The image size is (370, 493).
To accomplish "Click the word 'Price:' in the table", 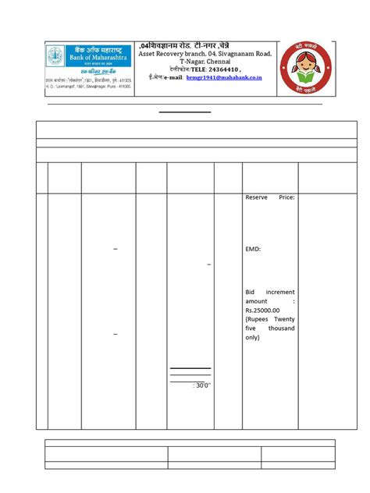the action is click(285, 198).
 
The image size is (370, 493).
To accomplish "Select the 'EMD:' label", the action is click(253, 249).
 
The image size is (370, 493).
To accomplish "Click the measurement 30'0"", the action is click(202, 385).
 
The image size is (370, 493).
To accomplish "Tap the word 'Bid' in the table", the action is click(251, 290).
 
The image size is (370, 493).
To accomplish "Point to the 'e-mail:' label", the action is click(172, 78).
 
